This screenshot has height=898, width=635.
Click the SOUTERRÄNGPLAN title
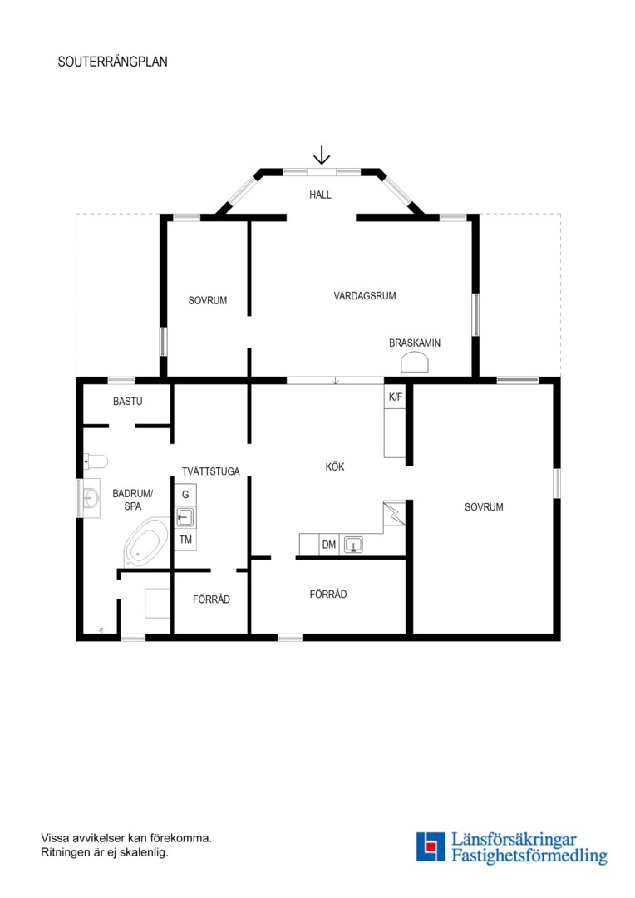112,62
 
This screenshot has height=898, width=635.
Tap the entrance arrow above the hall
322,155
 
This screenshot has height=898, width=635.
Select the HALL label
320,195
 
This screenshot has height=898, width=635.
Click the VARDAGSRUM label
365,296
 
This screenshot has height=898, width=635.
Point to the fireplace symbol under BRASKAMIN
415,363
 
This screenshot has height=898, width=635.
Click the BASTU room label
128,402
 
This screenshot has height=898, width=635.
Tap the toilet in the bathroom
96,461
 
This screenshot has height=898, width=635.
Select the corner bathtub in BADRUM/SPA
147,542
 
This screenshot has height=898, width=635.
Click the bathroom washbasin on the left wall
91,498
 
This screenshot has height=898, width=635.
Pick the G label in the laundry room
185,494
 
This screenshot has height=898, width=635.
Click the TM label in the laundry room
185,540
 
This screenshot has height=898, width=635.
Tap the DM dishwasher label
328,545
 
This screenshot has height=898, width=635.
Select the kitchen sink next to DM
353,544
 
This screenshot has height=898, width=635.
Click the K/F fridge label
395,397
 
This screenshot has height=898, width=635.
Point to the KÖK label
335,466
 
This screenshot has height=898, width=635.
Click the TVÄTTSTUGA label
211,471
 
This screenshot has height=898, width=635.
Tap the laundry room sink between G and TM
185,517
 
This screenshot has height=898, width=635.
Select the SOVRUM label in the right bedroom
484,507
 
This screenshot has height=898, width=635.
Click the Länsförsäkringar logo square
431,846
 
